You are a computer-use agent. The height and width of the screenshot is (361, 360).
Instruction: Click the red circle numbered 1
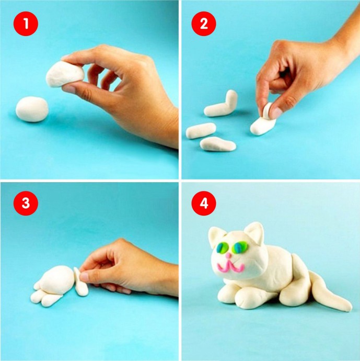[26, 24]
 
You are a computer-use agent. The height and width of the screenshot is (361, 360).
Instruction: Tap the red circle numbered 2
[204, 24]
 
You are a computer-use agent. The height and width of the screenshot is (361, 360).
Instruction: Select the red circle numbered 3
[26, 203]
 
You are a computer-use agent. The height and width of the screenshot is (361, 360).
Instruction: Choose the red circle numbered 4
[204, 203]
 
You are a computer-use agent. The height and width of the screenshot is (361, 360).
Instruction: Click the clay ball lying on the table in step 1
[32, 109]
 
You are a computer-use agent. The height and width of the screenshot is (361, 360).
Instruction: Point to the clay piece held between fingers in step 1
[65, 74]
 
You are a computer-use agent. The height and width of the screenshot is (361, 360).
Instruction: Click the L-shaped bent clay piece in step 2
[222, 105]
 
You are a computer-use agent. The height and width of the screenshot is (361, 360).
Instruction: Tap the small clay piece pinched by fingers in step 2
[268, 111]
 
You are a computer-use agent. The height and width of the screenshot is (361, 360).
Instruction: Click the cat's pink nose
[228, 255]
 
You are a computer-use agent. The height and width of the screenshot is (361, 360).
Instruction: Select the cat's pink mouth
[230, 266]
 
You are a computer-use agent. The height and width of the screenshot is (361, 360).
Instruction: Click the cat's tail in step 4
[329, 291]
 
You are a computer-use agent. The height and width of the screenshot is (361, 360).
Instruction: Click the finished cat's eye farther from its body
[223, 247]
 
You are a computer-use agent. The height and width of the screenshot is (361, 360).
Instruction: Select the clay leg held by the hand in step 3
[80, 283]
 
